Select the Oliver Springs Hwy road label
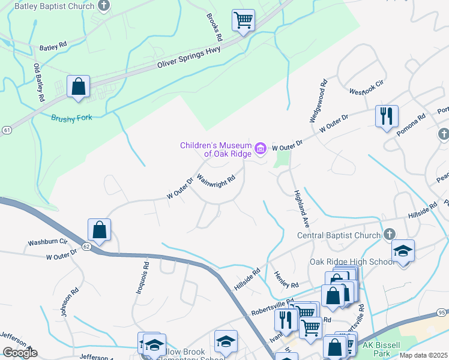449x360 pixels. click(189, 58)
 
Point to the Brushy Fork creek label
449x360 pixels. click(71, 118)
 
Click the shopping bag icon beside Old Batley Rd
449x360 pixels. click(78, 86)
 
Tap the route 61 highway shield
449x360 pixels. click(6, 130)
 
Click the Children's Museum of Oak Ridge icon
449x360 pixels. click(261, 148)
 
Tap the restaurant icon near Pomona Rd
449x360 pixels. click(387, 115)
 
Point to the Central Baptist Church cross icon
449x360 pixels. click(389, 234)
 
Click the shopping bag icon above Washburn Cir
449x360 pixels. click(99, 230)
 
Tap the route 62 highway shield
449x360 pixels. click(86, 246)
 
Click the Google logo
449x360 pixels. click(19, 353)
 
